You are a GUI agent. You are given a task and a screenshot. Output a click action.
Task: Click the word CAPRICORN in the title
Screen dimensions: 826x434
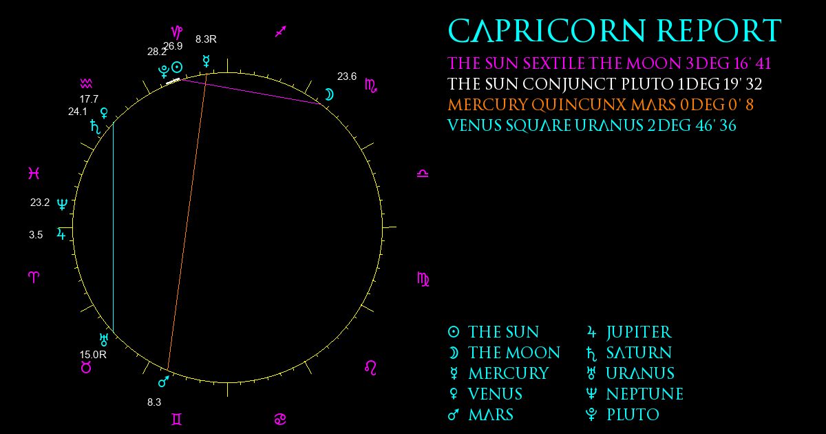547,31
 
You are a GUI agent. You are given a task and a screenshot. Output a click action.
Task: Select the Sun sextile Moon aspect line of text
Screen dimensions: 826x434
609,63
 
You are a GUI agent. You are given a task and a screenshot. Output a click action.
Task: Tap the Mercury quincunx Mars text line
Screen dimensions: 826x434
601,105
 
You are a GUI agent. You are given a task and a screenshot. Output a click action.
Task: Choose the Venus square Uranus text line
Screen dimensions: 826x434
592,125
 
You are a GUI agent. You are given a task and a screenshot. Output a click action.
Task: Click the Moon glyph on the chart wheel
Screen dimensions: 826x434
329,94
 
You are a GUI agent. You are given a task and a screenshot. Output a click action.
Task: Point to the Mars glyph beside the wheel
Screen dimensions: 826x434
164,381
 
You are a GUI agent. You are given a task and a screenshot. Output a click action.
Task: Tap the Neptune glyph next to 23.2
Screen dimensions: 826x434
62,204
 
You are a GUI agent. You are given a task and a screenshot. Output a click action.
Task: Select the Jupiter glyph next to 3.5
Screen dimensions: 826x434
61,234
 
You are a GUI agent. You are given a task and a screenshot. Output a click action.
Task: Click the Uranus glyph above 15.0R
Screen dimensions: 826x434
104,340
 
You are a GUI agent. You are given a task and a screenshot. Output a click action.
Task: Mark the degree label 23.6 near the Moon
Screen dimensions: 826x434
347,76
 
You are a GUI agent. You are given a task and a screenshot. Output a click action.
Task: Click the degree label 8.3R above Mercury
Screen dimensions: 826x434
206,39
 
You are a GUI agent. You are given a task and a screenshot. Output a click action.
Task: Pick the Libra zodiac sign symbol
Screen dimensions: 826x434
423,174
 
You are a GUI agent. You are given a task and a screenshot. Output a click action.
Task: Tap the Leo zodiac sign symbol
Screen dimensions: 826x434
370,368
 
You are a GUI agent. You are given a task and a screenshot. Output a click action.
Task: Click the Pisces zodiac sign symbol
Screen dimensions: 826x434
34,173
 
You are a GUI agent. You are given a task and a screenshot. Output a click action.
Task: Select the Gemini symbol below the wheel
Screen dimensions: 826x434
177,420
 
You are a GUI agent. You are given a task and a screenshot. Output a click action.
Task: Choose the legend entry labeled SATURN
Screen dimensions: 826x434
629,353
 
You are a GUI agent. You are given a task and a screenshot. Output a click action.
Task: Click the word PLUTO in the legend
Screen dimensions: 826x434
633,415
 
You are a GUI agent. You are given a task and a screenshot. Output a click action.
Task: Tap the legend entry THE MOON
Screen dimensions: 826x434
504,353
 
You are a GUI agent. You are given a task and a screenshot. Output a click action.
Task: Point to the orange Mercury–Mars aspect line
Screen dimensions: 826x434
187,222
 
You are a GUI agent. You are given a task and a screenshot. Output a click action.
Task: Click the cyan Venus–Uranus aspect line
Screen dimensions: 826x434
113,227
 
